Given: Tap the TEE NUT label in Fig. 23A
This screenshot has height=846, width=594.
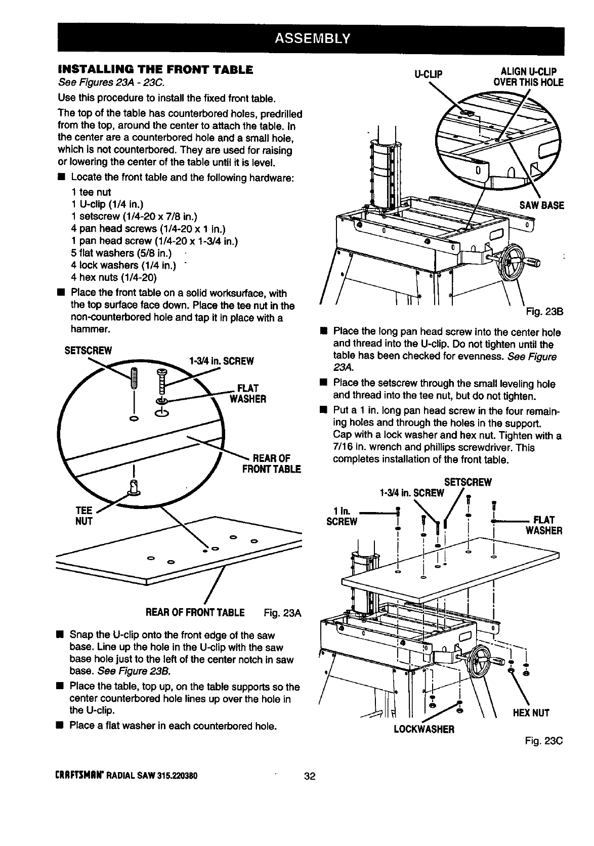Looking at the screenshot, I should point(83,515).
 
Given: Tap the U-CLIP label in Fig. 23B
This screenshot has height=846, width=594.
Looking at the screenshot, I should point(428,73).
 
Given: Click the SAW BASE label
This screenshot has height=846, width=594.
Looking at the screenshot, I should point(541,205).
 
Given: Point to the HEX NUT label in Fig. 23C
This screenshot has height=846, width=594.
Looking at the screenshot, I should point(531,713).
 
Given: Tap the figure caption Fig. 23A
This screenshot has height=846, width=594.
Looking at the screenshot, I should point(283,614).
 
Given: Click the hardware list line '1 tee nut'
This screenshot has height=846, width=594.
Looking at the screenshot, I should point(91,192).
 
